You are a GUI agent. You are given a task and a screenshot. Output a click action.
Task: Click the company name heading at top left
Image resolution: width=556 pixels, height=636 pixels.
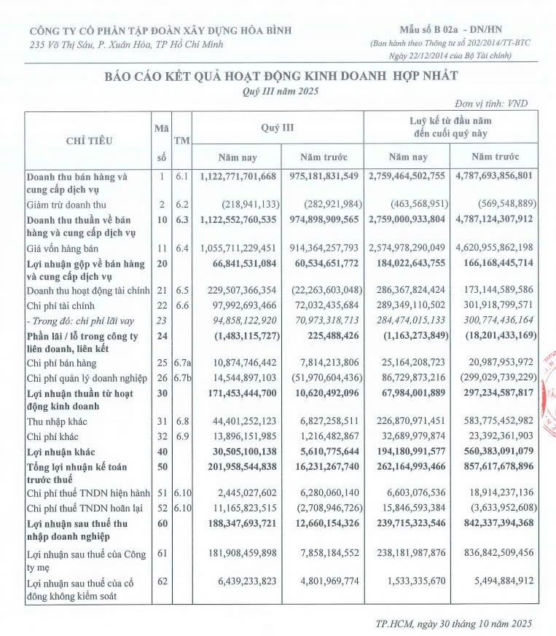click(x=160, y=31)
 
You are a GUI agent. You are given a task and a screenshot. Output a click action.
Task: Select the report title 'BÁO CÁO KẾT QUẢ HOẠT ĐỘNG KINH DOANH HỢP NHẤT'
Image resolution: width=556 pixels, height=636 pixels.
click(x=281, y=76)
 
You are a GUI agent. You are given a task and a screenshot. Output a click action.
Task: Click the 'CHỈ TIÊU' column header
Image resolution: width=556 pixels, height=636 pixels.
click(x=86, y=140)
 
